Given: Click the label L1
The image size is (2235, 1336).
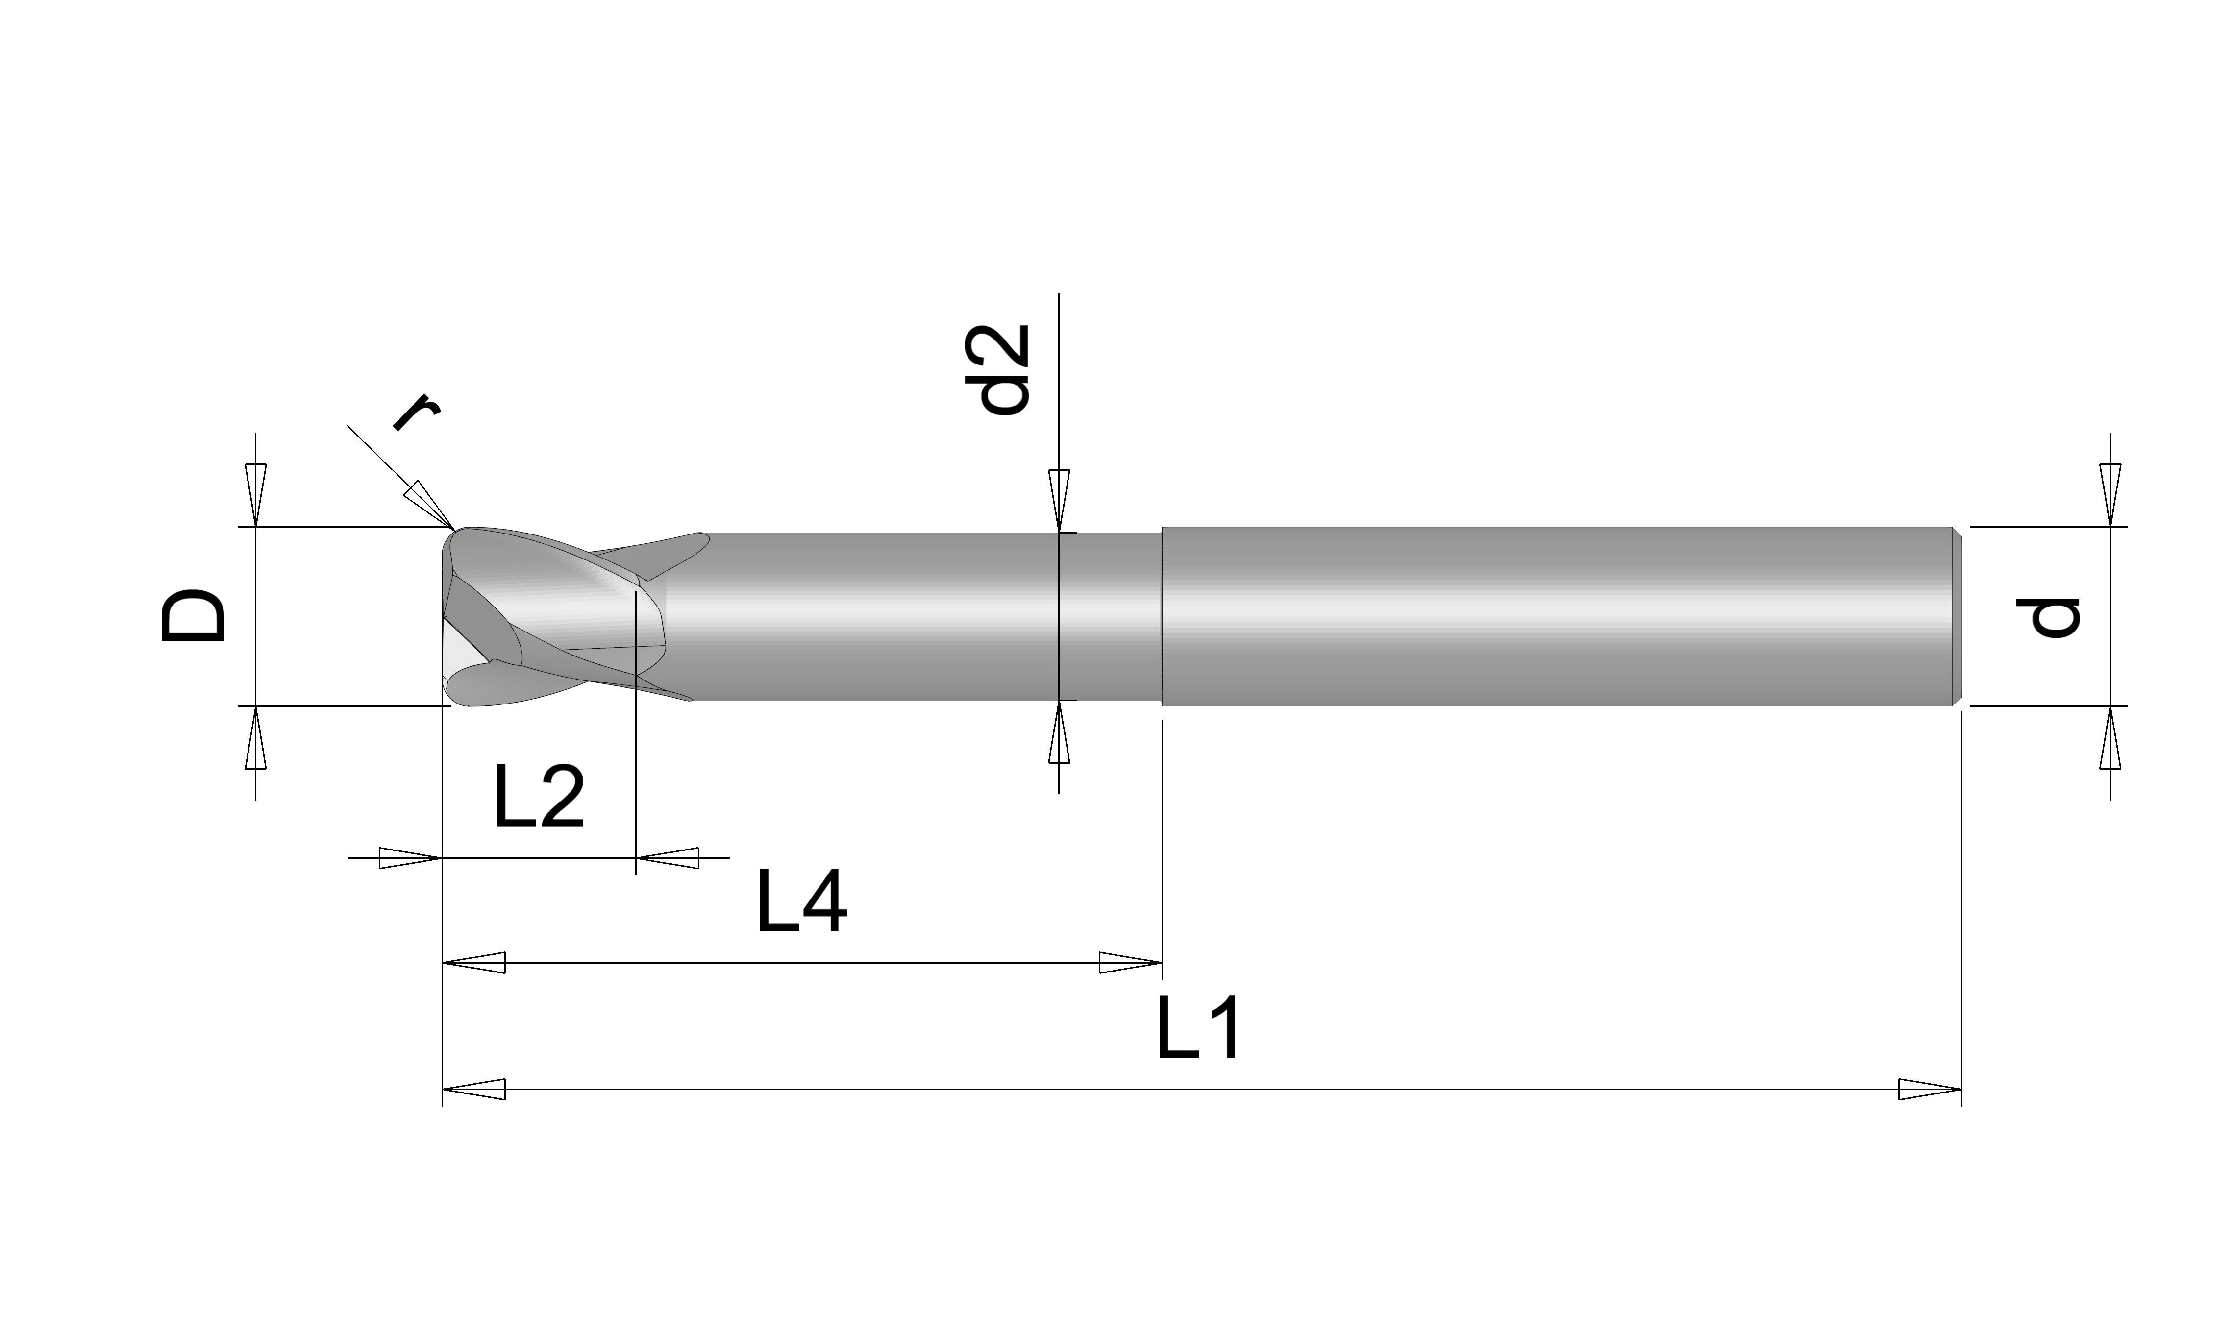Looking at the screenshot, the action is [x=1198, y=1028].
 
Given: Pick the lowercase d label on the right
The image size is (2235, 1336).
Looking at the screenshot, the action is [x=2048, y=618].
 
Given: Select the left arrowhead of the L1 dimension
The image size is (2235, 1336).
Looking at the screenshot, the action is [x=473, y=1089].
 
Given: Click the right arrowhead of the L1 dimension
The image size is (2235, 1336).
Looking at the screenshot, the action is [x=1930, y=1089].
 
